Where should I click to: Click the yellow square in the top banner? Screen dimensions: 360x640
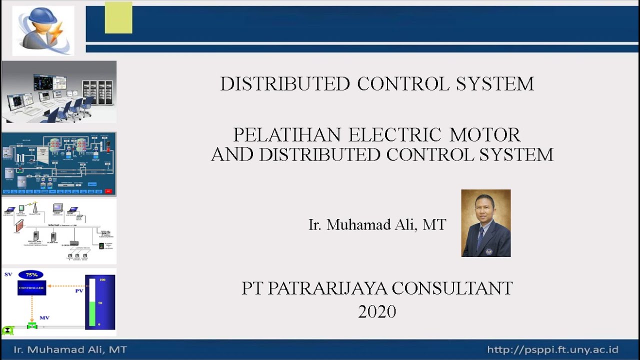point(118,18)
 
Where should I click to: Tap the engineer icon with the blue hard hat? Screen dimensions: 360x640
point(43,29)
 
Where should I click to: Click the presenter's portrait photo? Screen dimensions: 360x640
point(485,223)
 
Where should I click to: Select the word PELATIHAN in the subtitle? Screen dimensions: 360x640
point(287,135)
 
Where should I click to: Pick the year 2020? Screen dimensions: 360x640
point(377,311)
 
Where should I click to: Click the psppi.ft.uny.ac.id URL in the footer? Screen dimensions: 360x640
point(552,349)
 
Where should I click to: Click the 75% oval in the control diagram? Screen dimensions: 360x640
point(31,275)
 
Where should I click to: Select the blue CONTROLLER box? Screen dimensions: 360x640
point(31,288)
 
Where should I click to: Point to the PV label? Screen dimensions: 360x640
point(79,290)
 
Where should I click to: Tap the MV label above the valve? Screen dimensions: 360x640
point(44,317)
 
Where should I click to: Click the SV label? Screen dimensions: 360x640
point(8,274)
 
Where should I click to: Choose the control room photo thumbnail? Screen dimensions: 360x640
point(59,92)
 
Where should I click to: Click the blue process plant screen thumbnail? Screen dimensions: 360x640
point(59,163)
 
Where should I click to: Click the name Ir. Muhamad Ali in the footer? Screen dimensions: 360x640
point(70,349)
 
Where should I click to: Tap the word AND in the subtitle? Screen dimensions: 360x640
point(233,154)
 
